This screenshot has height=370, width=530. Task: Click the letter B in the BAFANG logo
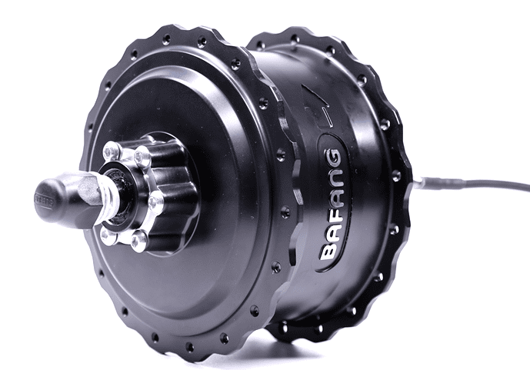pos(328,250)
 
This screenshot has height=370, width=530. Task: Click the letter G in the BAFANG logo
pos(332,158)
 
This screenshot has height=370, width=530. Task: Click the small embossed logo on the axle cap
pos(43,200)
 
